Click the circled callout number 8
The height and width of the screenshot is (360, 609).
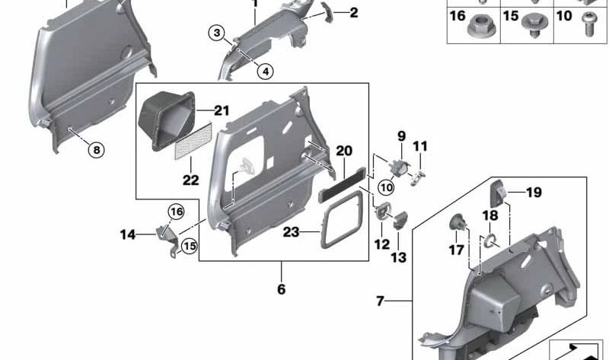tap(96, 150)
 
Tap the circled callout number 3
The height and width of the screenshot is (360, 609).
tap(218, 33)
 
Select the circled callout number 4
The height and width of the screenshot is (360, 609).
tap(265, 72)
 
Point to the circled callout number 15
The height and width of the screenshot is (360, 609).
tap(188, 246)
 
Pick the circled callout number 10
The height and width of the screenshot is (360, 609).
tap(386, 187)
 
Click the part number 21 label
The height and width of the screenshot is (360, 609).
tap(221, 111)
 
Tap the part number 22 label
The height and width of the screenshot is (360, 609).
tap(190, 180)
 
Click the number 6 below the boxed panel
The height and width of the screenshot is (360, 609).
tap(281, 290)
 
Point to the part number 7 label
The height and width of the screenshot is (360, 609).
tap(381, 301)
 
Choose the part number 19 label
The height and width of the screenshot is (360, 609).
tap(534, 193)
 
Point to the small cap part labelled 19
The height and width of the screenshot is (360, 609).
tap(499, 192)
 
